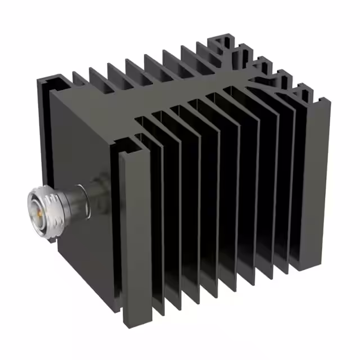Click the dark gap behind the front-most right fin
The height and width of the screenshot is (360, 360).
(x=147, y=225)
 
